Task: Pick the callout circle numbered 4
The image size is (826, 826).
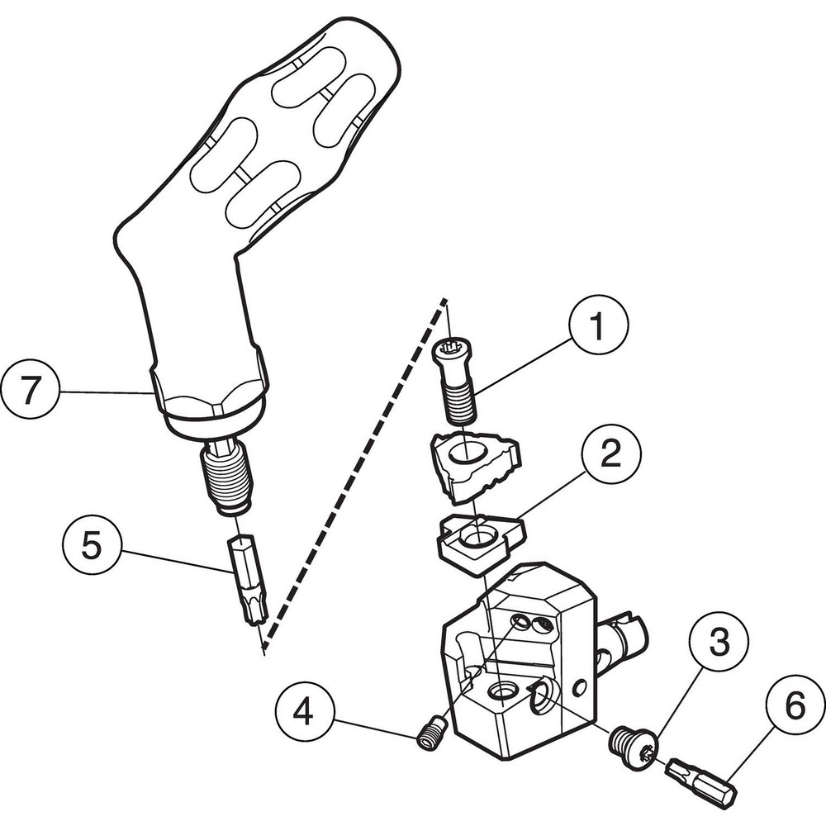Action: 306,711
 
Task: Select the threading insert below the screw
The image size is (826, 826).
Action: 473,466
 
